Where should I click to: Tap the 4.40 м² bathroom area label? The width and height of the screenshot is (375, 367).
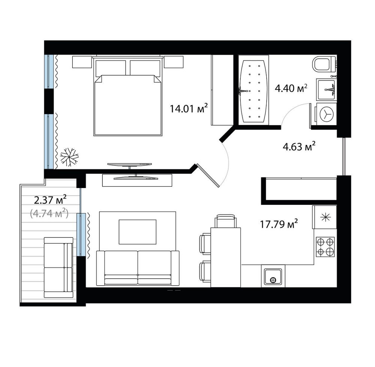(291, 88)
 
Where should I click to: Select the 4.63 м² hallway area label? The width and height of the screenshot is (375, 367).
(299, 146)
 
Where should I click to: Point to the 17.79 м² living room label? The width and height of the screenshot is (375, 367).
(279, 224)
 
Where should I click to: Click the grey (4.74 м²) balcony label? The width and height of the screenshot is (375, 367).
(49, 213)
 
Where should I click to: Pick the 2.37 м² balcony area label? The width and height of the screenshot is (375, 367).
(50, 200)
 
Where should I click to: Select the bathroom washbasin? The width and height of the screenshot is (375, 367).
(326, 90)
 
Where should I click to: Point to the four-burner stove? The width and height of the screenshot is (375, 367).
(325, 247)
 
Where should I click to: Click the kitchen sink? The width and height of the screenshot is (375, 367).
(273, 277)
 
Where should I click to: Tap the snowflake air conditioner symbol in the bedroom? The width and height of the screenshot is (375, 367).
(69, 157)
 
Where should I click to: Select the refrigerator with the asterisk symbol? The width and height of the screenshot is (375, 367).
(325, 217)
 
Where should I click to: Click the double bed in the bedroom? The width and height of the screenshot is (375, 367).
(128, 95)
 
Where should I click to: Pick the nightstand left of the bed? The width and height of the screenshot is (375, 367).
(82, 62)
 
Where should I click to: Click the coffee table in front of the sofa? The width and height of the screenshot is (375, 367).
(138, 232)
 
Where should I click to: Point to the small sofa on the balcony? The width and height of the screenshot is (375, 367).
(58, 267)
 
